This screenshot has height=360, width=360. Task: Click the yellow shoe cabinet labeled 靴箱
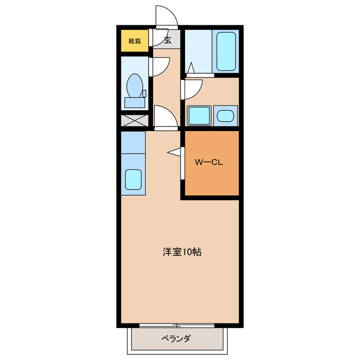pyautogui.click(x=135, y=40)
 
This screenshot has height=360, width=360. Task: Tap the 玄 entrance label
pyautogui.click(x=168, y=40)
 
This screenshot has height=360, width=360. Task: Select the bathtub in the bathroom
pyautogui.click(x=226, y=51)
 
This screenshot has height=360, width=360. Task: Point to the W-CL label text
pyautogui.click(x=210, y=163)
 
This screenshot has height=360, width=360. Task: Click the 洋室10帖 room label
pyautogui.click(x=182, y=252)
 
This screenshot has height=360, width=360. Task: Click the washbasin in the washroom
pyautogui.click(x=226, y=116)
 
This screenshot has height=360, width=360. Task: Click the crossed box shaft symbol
pyautogui.click(x=134, y=120)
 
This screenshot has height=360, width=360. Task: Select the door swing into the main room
pyautogui.click(x=165, y=117)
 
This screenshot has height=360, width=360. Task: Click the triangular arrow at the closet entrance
pyautogui.click(x=174, y=151)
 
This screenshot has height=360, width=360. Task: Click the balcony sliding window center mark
pyautogui.click(x=176, y=326)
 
